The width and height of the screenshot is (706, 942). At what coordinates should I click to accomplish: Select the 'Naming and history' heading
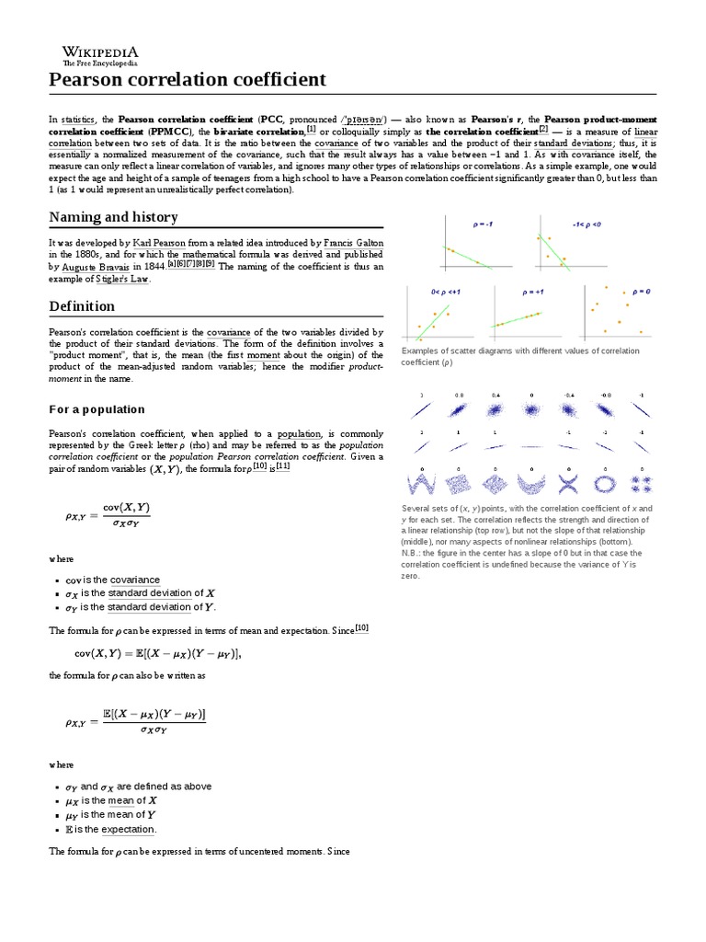(113, 217)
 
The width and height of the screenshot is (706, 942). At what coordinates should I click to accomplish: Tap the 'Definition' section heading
(82, 306)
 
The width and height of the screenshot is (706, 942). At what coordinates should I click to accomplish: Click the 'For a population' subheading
(97, 408)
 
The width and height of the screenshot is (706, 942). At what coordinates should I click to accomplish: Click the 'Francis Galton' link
(354, 242)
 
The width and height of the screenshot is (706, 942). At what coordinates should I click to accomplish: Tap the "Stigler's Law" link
(129, 279)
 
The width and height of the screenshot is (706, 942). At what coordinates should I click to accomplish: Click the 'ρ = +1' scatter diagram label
(534, 292)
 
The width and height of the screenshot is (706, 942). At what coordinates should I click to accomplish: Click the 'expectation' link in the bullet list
(127, 829)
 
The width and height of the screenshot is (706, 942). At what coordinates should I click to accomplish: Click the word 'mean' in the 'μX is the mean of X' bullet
(120, 800)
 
